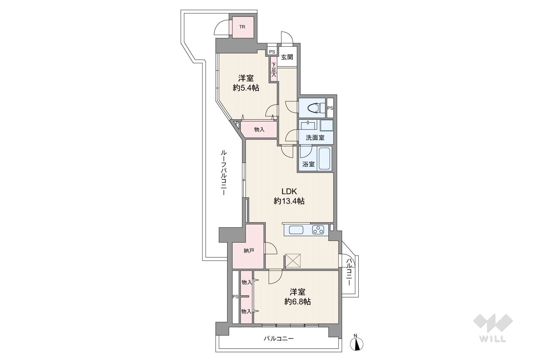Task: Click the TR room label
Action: tap(242, 27)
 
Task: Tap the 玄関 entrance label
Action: tap(287, 57)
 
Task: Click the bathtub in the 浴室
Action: tap(325, 159)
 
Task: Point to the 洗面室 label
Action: tap(315, 138)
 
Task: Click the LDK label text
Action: tap(289, 192)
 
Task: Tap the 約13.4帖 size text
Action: tap(289, 201)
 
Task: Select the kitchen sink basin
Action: tap(296, 230)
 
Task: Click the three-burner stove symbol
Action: tap(318, 230)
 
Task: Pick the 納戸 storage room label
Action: tap(249, 251)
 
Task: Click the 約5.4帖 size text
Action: tap(246, 88)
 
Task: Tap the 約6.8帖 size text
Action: tap(297, 302)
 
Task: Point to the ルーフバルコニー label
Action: tap(223, 173)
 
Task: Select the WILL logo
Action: tap(493, 328)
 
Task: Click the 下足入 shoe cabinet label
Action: tap(274, 70)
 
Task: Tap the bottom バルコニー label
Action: tap(279, 339)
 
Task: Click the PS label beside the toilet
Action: tap(330, 108)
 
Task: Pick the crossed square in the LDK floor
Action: tap(293, 261)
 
